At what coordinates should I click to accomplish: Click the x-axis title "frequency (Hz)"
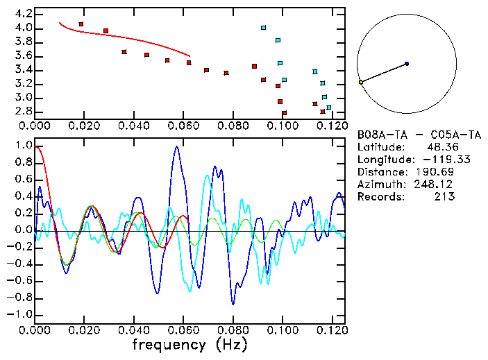[x=190, y=345]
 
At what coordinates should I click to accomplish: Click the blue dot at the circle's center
[x=407, y=64]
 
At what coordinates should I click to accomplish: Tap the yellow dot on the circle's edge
[x=361, y=83]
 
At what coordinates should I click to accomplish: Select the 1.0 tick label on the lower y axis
[x=23, y=146]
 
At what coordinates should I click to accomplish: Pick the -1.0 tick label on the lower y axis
[x=20, y=314]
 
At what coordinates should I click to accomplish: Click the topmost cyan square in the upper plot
[x=264, y=28]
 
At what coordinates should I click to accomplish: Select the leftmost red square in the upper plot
[x=81, y=24]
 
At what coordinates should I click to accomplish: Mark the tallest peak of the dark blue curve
[x=177, y=146]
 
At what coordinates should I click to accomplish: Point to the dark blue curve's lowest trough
[x=233, y=303]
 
